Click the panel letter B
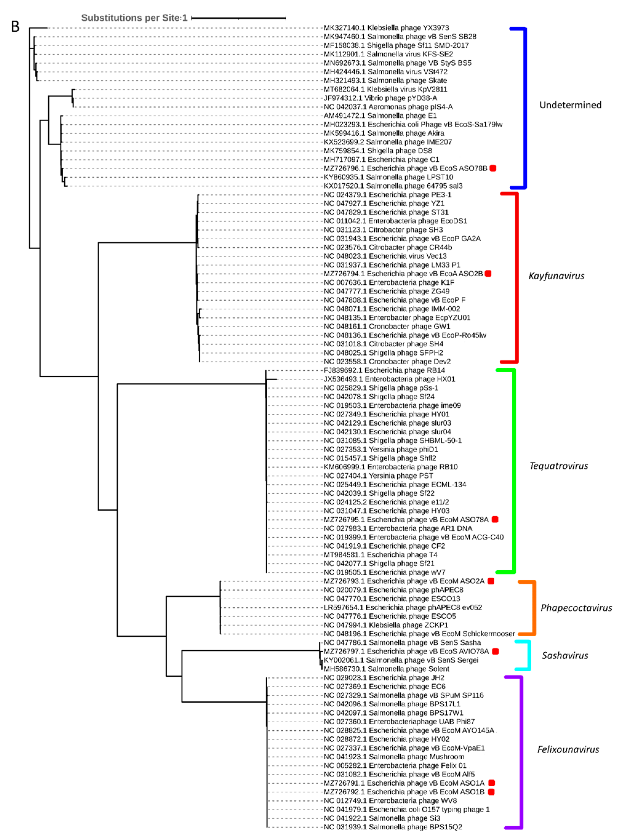15,27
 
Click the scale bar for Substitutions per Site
239,18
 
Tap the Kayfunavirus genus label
556,276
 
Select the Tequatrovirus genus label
558,466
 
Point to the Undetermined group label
570,105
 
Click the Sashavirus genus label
565,655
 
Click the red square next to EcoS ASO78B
493,168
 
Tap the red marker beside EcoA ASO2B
488,273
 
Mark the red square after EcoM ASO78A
495,519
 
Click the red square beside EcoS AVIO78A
495,651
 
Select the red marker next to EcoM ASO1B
491,792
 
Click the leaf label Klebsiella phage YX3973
386,28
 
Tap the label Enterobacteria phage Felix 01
395,765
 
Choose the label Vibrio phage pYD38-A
380,98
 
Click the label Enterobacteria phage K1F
389,282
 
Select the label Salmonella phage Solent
386,669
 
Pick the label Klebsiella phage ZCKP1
386,625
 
